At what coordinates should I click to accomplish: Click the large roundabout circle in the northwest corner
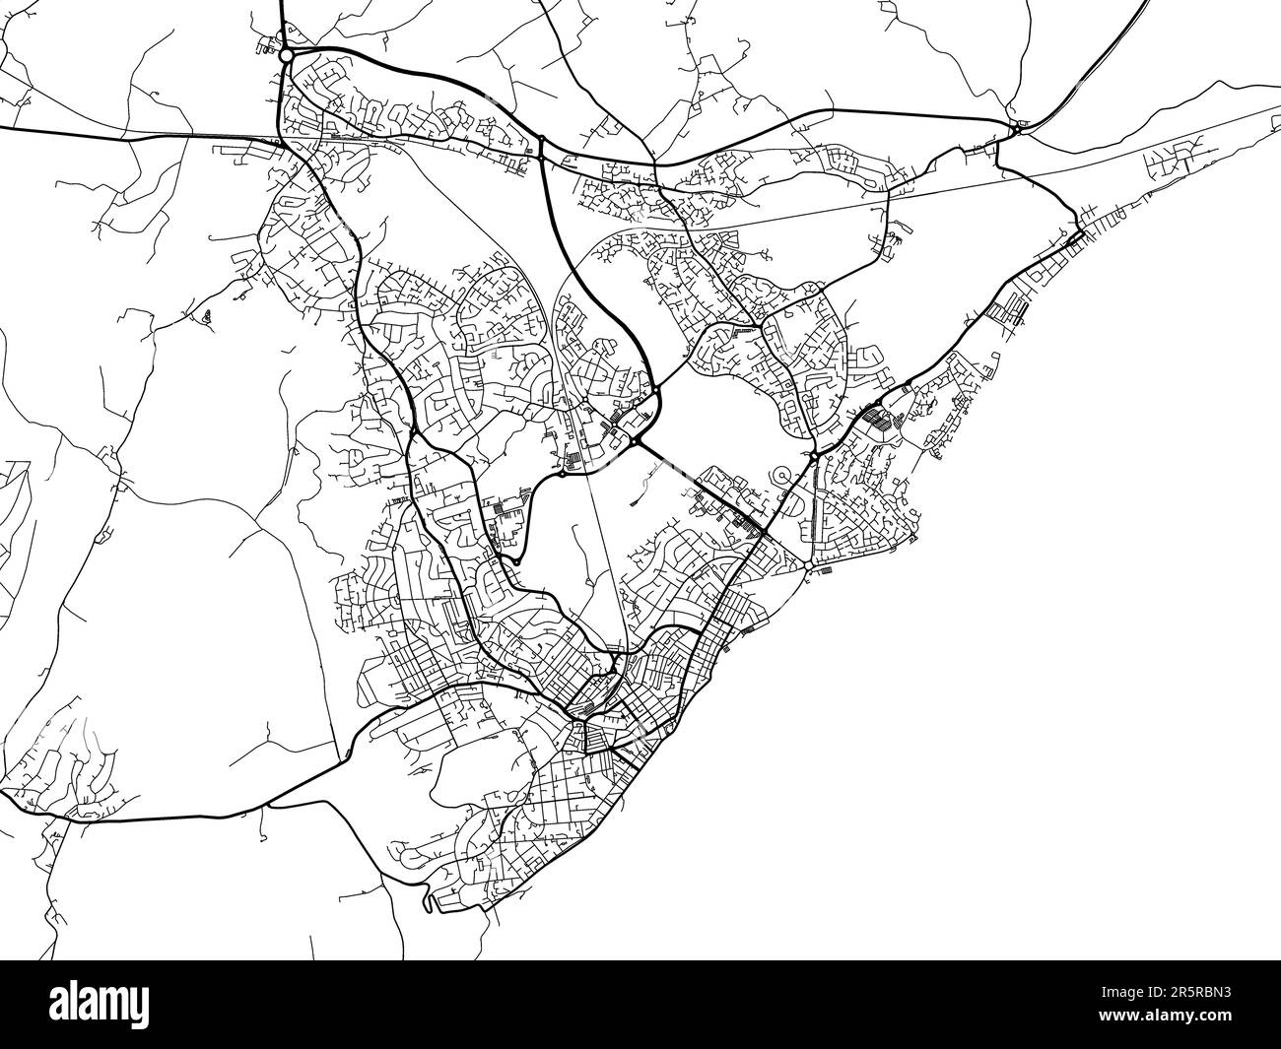tap(286, 56)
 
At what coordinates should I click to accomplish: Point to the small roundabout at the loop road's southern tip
tap(513, 561)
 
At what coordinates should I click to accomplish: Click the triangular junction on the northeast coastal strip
tap(1075, 234)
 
